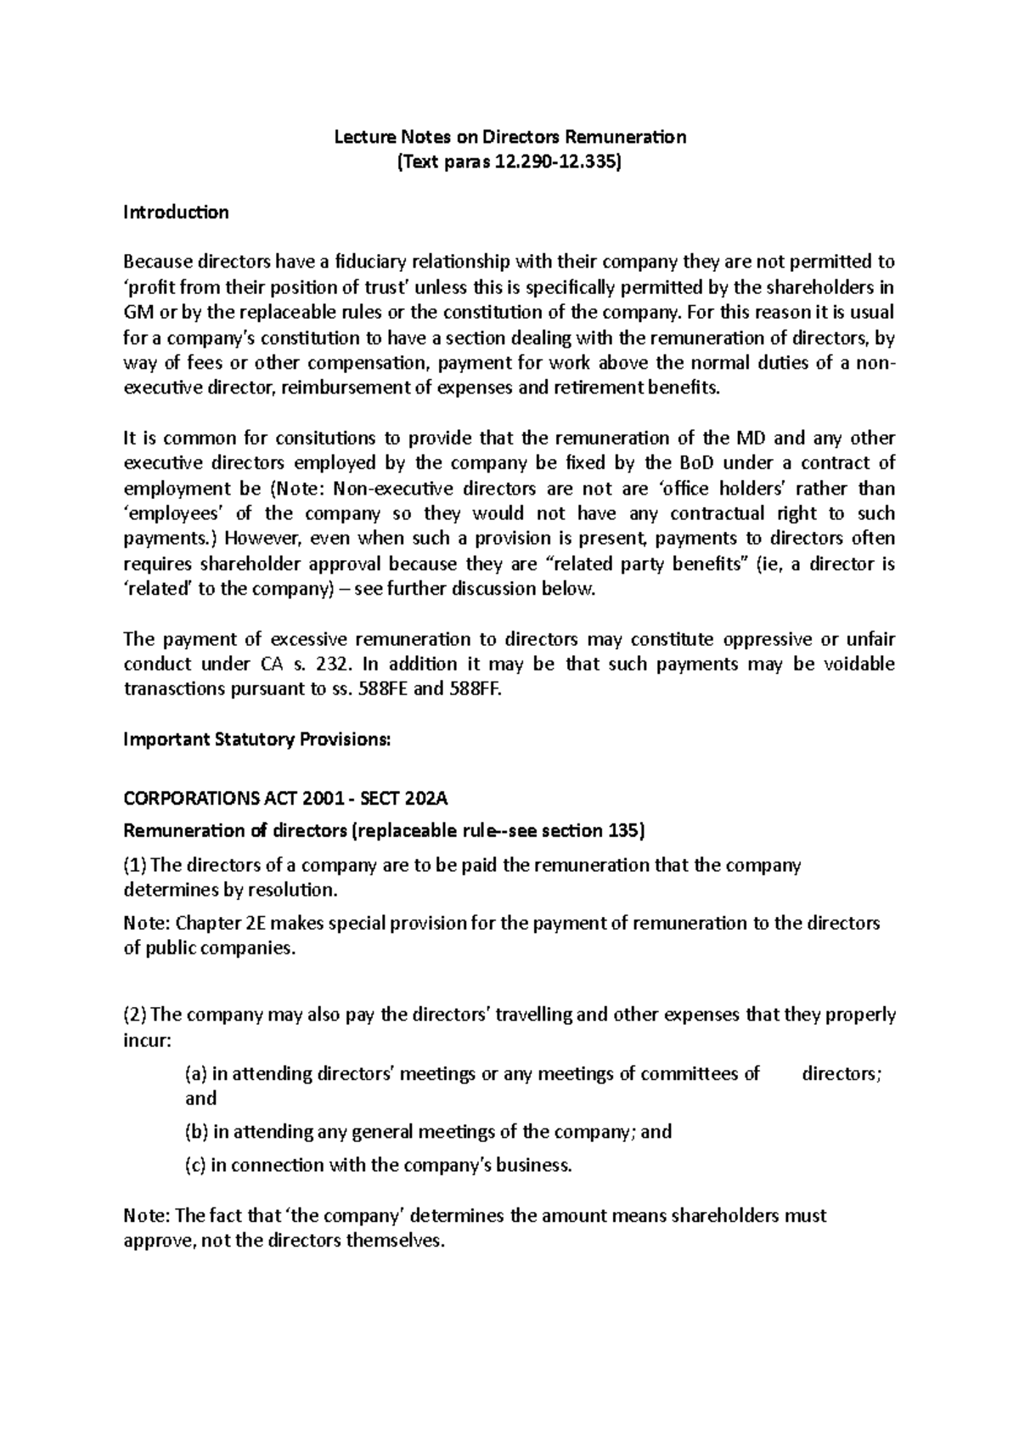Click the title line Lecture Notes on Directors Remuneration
[509, 137]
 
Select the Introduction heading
[176, 212]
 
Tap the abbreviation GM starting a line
[137, 312]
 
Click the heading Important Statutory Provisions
[257, 739]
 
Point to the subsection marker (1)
[134, 865]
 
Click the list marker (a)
[195, 1074]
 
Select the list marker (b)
[196, 1132]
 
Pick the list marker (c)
[195, 1165]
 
